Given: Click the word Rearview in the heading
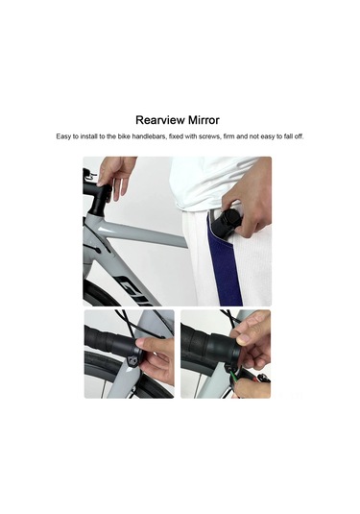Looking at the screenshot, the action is (160, 120).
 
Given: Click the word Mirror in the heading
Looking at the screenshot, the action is (204, 120).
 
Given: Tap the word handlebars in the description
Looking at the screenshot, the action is (150, 136).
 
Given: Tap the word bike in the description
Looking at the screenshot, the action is (124, 136).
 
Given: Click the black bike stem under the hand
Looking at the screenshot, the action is (99, 199).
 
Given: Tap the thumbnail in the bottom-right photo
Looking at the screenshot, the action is (244, 338).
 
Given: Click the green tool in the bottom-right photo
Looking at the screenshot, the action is (234, 376).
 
